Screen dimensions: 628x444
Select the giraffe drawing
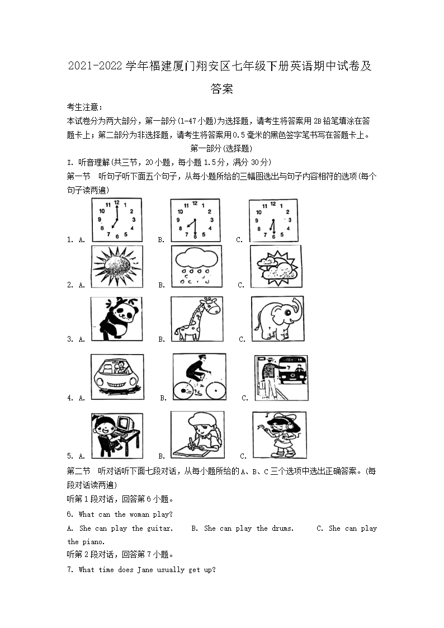coord(196,319)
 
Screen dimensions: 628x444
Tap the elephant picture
coord(277,319)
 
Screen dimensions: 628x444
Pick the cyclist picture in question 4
coord(199,377)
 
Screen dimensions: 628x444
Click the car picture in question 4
coord(117,377)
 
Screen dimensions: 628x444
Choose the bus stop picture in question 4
coord(281,377)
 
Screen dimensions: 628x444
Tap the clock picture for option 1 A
coord(116,220)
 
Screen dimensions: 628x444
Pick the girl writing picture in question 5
coord(197,436)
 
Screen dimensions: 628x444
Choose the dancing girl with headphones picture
coord(279,436)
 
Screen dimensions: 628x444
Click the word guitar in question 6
coord(159,528)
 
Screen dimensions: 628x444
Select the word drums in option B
coord(282,528)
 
